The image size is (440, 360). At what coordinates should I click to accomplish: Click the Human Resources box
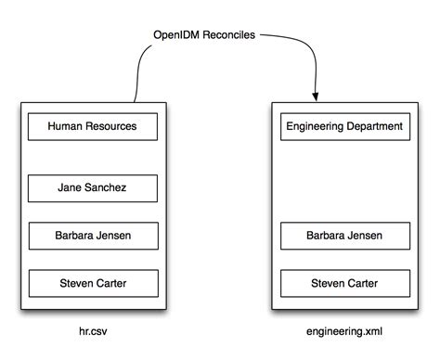93,125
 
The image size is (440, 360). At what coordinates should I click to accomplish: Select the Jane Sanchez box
93,187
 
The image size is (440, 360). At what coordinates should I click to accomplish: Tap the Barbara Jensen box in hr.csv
93,236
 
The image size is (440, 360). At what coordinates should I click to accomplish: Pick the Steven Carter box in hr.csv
93,282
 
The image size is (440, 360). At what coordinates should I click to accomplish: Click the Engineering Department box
344,125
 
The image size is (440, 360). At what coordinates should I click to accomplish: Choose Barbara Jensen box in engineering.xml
344,236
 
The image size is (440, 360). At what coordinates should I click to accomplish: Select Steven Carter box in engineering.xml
344,282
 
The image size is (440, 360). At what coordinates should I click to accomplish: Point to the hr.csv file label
93,330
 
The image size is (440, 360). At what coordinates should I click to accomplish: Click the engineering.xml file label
344,330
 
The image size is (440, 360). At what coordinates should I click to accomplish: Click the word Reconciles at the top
229,36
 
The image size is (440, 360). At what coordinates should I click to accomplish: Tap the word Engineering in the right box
313,125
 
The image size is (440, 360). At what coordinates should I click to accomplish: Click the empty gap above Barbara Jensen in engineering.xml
344,181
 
